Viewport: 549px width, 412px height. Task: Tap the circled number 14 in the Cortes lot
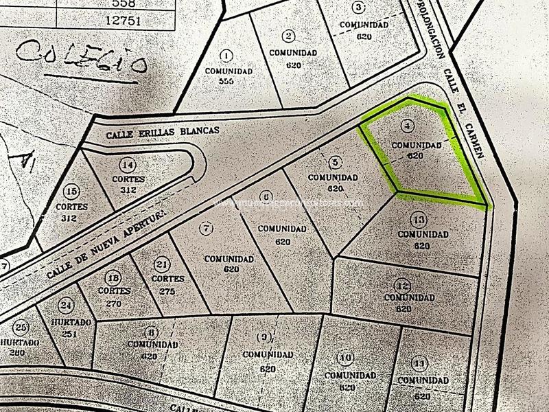[x=127, y=165]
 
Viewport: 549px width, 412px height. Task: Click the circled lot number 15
[x=71, y=190]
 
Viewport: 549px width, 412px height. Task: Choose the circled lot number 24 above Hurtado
[x=66, y=306]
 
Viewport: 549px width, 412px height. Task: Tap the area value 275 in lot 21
[x=167, y=291]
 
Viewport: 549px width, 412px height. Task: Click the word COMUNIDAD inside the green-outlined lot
[x=416, y=146]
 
